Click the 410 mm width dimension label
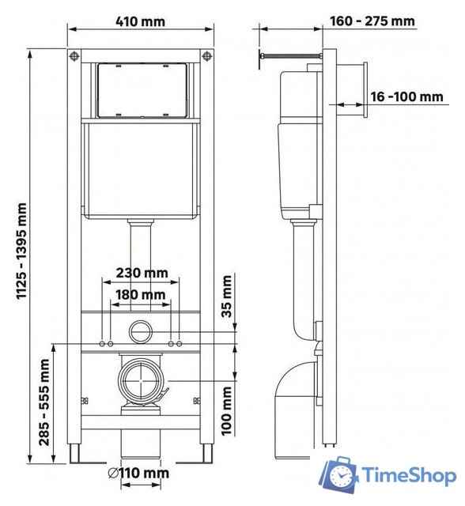142,21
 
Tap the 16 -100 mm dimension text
406,96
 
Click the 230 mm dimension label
142,273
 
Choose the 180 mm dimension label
142,295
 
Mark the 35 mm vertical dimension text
228,295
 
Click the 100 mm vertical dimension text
228,410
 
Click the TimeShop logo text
409,475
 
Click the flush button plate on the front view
142,89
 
